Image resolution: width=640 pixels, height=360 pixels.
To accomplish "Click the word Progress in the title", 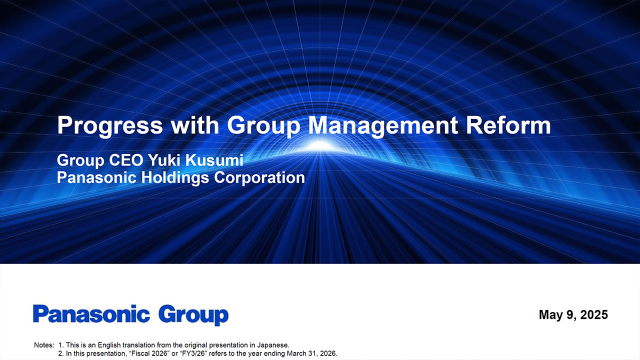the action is (110, 125).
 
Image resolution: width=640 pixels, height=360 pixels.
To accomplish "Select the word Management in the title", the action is (383, 125).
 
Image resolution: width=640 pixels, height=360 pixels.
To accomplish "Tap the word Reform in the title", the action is (508, 125).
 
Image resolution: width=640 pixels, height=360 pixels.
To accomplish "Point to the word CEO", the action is (126, 160).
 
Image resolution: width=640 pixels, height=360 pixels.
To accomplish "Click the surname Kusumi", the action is (214, 160).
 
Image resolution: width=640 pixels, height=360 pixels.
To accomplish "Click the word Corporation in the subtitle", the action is (259, 177).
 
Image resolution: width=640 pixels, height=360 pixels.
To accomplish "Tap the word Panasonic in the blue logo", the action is (91, 313).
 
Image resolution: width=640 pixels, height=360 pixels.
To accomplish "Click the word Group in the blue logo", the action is (193, 315).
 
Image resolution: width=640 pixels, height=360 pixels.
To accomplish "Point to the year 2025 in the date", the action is (594, 314).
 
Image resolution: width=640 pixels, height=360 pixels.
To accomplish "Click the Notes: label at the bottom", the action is (44, 345).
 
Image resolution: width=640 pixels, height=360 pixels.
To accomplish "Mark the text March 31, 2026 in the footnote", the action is (311, 353).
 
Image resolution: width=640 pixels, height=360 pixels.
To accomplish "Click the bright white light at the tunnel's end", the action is (320, 145).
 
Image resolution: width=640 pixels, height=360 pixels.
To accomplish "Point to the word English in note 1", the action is (109, 345).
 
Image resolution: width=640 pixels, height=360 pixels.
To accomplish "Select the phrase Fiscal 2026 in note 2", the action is (149, 353).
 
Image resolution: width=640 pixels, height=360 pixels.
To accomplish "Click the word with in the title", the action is (195, 125).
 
